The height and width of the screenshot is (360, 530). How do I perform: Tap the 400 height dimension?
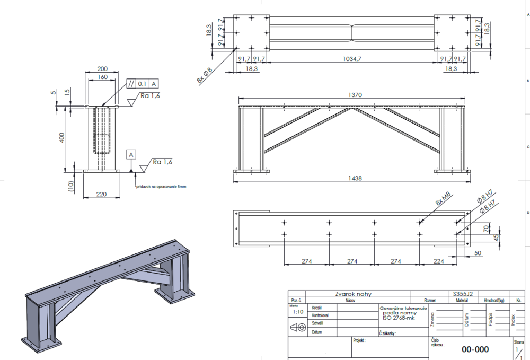coord(61,138)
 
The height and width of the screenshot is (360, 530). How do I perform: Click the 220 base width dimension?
coord(101,195)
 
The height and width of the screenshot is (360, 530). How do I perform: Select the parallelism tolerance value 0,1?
coord(142,84)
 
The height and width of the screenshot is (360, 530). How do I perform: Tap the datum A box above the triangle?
coord(131,154)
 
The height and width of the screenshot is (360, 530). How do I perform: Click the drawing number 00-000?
coord(475,349)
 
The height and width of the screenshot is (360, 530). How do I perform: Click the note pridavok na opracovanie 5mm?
coord(161,187)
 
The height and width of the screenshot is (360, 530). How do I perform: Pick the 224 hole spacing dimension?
coord(438,261)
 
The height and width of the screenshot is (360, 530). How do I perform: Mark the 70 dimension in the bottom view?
coord(484,229)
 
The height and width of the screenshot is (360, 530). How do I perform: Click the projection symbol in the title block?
coord(298,328)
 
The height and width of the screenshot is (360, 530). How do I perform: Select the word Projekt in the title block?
coord(359,340)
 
